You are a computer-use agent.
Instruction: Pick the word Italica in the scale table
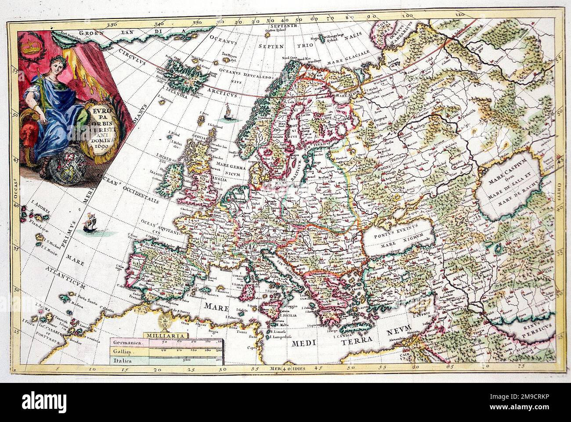[x=123, y=361]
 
